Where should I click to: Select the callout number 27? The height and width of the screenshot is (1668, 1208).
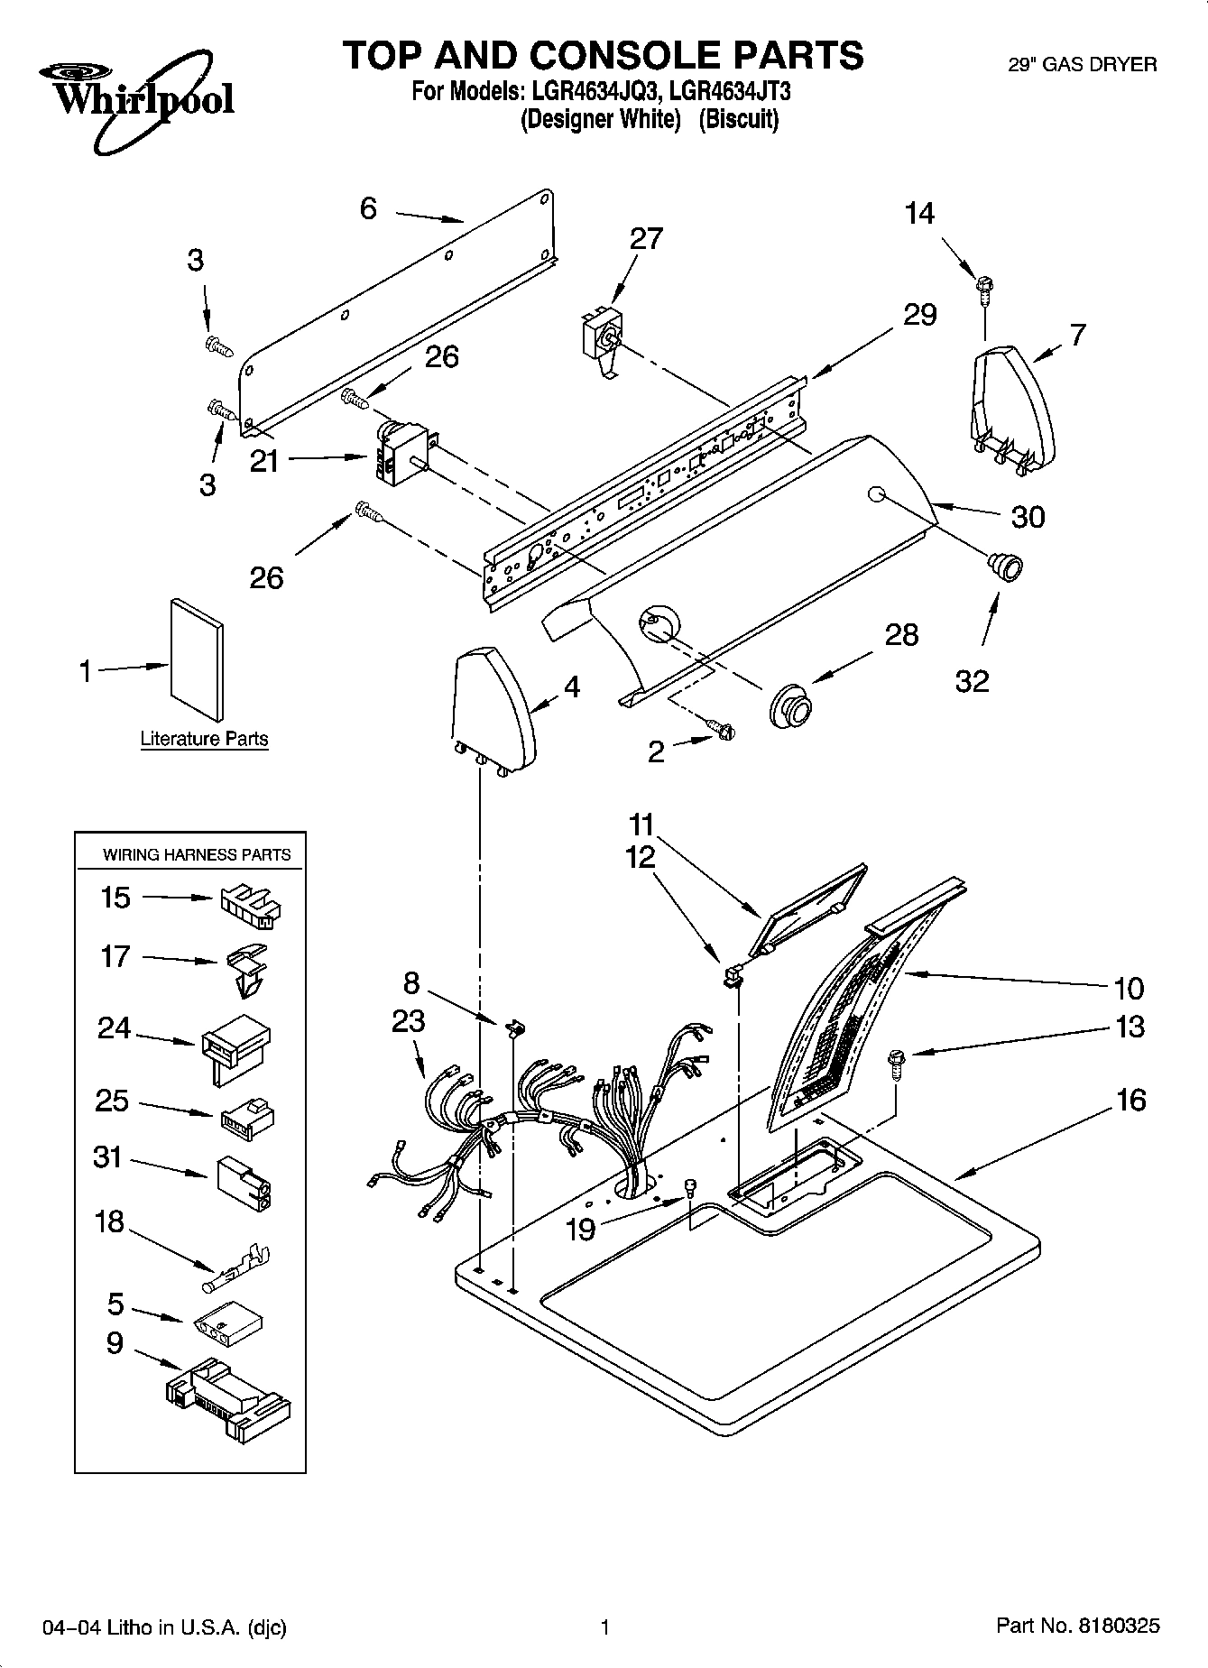click(646, 238)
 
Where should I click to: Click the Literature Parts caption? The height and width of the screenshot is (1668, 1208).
click(204, 739)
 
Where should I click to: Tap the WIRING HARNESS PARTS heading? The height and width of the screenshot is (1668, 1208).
click(197, 854)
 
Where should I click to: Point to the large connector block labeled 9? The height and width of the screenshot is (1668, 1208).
click(228, 1393)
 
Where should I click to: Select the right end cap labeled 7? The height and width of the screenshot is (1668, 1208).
click(1012, 410)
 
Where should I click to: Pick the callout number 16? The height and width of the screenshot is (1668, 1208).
click(1130, 1101)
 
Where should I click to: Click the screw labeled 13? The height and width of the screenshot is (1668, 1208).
click(896, 1063)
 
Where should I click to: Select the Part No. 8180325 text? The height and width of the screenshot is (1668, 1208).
click(1077, 1627)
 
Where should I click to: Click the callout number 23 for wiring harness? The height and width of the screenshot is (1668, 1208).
click(408, 1021)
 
